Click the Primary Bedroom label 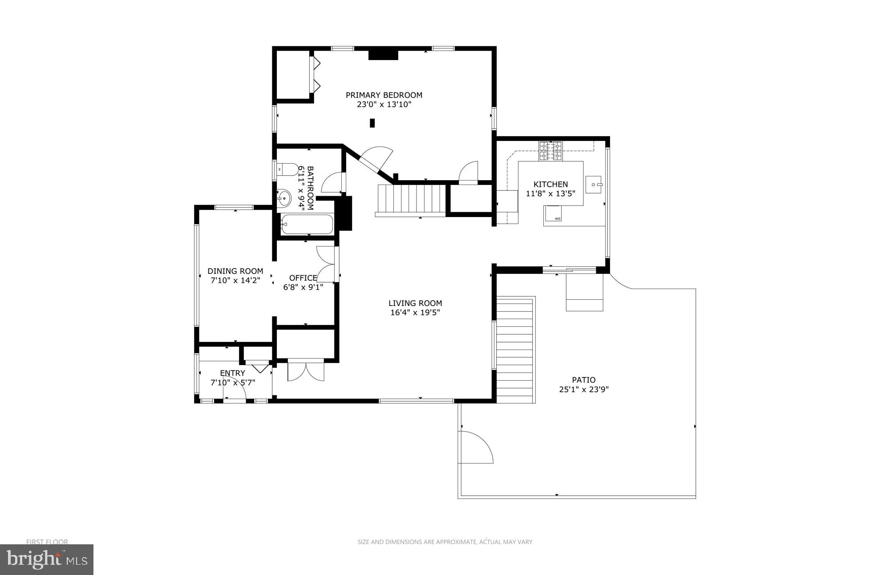coord(384,95)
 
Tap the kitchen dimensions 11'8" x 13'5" coord(550,194)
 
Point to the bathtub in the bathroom coord(307,225)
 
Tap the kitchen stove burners coord(550,151)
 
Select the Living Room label coord(415,303)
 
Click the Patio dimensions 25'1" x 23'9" coord(583,390)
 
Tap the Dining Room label coord(235,271)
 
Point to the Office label coord(303,278)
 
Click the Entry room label coord(232,373)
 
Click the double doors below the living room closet coord(306,370)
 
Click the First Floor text coord(47,542)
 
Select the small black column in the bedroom coord(372,123)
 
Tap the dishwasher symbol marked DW coord(557,218)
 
